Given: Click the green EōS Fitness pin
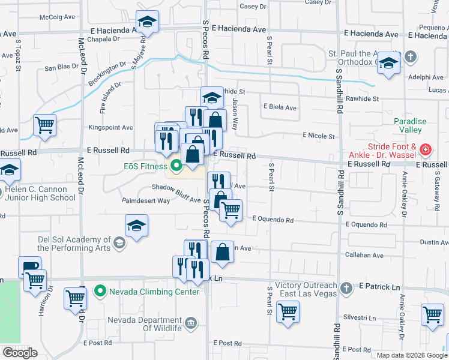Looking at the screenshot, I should click(176, 165).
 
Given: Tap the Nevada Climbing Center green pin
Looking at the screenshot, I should click(100, 292).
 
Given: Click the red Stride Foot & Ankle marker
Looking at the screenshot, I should click(425, 149).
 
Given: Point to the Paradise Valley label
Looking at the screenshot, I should click(410, 126).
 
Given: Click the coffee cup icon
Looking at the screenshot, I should click(29, 267).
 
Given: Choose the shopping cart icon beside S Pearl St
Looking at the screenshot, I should click(288, 311).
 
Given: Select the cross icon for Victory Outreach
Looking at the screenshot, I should click(346, 289).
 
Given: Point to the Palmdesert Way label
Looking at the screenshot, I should click(146, 201).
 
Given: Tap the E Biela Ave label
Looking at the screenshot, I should click(280, 108).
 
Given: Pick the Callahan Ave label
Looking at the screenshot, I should click(364, 256).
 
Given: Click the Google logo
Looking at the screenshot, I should click(20, 353).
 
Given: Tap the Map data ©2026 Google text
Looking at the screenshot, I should click(411, 355).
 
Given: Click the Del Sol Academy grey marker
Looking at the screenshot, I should click(119, 242).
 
